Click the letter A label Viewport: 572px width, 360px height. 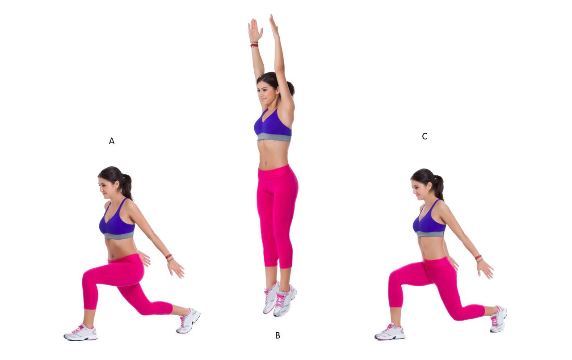click(x=112, y=141)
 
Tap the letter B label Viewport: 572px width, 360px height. click(x=278, y=335)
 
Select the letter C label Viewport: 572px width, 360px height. click(x=425, y=136)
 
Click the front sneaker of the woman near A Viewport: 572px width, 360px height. click(x=81, y=332)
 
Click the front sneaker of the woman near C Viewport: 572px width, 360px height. click(x=390, y=332)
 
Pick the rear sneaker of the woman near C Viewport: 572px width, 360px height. click(x=498, y=319)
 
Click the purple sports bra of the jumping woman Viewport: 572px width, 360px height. click(x=273, y=125)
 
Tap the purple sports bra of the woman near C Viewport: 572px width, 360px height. click(x=429, y=221)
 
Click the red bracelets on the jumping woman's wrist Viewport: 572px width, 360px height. click(x=254, y=44)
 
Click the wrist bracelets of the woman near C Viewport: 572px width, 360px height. click(x=479, y=258)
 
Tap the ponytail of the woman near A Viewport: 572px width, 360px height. click(x=126, y=186)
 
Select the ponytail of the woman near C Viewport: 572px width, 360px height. click(x=438, y=187)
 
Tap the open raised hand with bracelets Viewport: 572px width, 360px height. click(x=255, y=30)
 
